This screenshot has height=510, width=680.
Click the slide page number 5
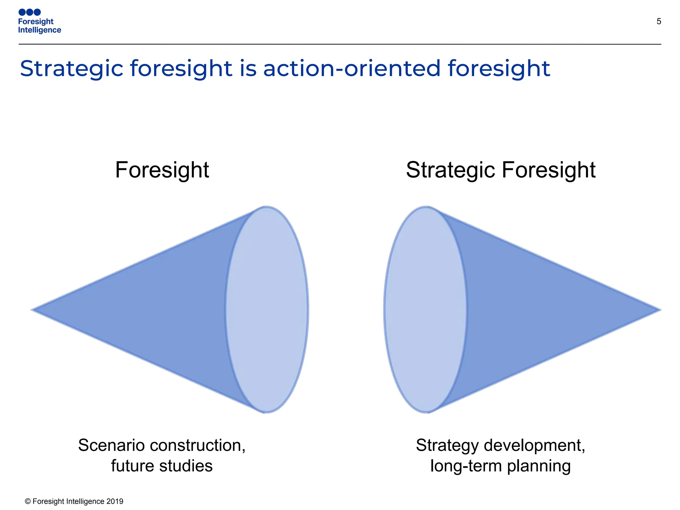[659, 22]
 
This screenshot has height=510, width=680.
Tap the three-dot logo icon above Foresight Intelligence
[30, 12]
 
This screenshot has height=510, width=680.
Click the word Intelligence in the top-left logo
[40, 30]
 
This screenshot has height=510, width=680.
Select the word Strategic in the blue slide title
[72, 69]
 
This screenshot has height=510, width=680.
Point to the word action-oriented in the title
[352, 68]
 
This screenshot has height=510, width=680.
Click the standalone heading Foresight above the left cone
[162, 170]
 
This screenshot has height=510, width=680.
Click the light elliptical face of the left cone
[267, 310]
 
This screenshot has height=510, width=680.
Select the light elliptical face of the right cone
[426, 310]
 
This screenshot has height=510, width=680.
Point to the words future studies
[162, 466]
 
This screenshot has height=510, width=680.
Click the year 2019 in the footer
[115, 501]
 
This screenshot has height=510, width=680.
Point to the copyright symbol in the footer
[28, 501]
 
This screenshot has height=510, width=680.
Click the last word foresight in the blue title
[499, 69]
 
